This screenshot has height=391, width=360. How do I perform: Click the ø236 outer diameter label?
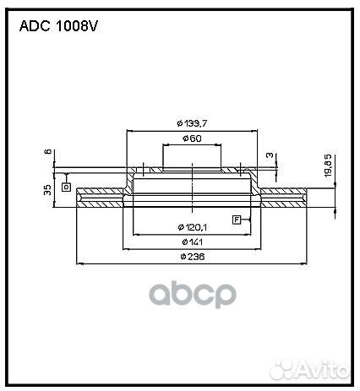tap(193, 257)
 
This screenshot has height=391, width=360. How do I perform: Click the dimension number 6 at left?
tap(49, 153)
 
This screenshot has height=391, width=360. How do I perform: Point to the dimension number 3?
tap(269, 155)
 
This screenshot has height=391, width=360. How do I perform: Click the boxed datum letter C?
tap(65, 186)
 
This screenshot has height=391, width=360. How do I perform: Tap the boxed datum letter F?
tap(237, 220)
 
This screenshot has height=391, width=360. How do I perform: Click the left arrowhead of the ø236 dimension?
tap(79, 263)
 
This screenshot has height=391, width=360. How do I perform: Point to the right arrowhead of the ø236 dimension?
tap(308, 263)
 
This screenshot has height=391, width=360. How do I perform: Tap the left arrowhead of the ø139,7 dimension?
tap(128, 131)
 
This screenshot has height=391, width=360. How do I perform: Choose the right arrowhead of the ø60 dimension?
tap(222, 144)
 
